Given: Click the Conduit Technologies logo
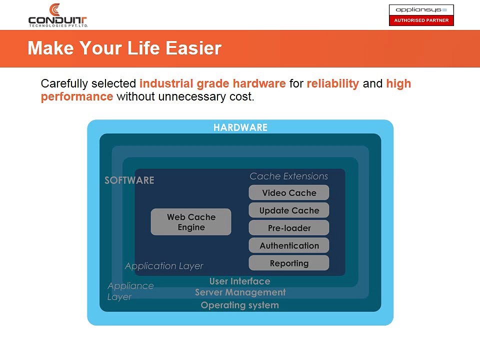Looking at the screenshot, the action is [x=58, y=15].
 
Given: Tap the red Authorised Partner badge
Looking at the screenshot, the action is [x=421, y=20].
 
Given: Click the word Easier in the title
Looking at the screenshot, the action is [x=193, y=48].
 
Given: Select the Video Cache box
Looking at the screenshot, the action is [x=289, y=192].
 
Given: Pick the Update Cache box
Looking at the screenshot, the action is [x=289, y=210].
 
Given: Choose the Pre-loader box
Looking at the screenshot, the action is [x=289, y=228].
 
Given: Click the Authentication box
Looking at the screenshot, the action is [x=289, y=245].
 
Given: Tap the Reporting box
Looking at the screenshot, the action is [x=289, y=263].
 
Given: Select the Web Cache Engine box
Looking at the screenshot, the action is [x=191, y=222].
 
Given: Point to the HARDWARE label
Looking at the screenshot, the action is [x=240, y=127].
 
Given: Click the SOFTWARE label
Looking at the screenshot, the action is [x=129, y=180].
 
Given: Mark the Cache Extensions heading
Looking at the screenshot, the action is [x=288, y=176].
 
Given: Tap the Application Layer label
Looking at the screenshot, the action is [x=164, y=266].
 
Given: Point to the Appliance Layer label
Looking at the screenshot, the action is [x=130, y=291].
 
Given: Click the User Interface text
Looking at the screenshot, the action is [x=239, y=281].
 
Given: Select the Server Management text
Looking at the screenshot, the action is [x=240, y=292].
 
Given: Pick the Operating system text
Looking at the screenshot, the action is [x=239, y=305].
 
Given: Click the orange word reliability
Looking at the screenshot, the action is [x=333, y=83].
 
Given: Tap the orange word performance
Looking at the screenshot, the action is [x=77, y=96].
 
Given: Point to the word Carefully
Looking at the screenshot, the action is [x=64, y=83].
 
